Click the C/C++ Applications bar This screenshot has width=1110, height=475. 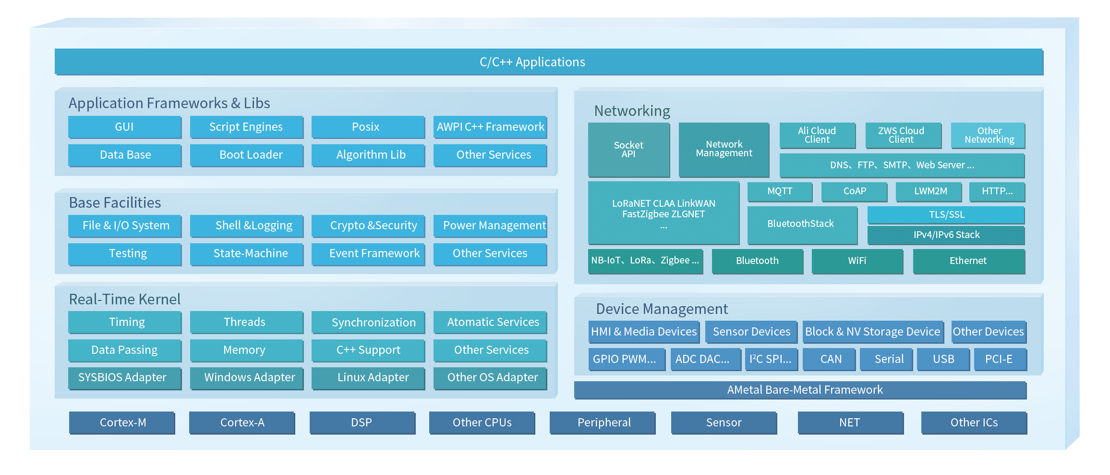pos(549,62)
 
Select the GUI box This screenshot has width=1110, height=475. pos(125,127)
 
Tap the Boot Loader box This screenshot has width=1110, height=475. pos(247,155)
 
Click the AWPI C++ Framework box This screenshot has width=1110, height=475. pos(490,127)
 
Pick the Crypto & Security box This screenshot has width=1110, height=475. pos(368,225)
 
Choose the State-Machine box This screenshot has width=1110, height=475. pos(247,254)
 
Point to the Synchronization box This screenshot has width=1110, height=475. pos(368,322)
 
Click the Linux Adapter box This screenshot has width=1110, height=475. pos(368,378)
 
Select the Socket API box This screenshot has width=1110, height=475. pos(629,150)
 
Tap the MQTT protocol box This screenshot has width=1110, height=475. pos(780,191)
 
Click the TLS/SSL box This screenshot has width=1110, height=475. pos(946,215)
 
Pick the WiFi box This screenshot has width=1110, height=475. pos(857,261)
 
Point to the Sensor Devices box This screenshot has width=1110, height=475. pos(751,332)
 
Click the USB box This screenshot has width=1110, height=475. pos(943,359)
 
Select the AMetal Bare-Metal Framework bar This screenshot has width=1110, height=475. pos(800,390)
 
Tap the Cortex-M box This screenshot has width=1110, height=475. pos(122,423)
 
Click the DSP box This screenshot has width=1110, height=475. pos(362,423)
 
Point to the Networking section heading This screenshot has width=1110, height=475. pos(632,111)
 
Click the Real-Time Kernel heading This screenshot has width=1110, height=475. pos(125,300)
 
